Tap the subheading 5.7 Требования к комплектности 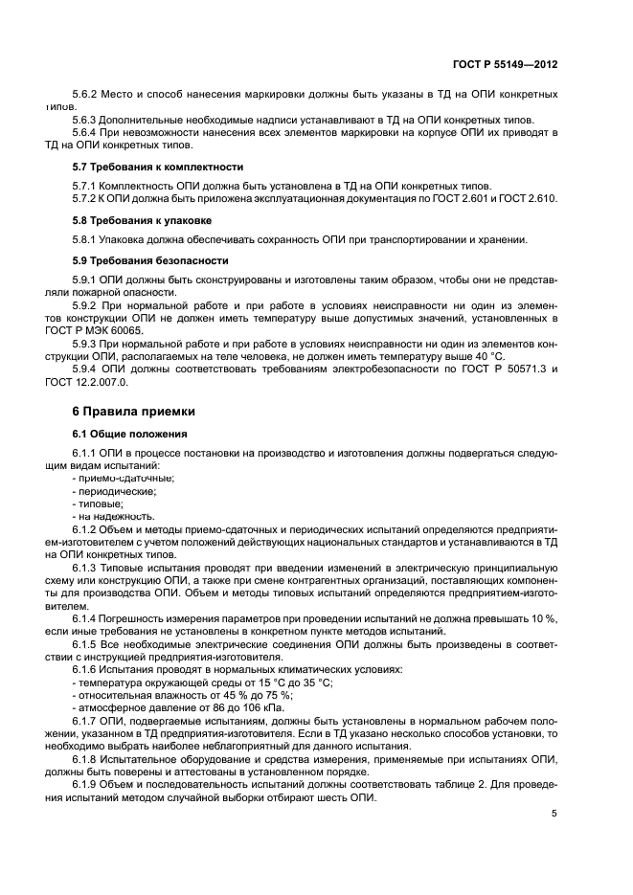click(158, 166)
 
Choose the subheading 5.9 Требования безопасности click(150, 259)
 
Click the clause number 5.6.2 click(87, 96)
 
